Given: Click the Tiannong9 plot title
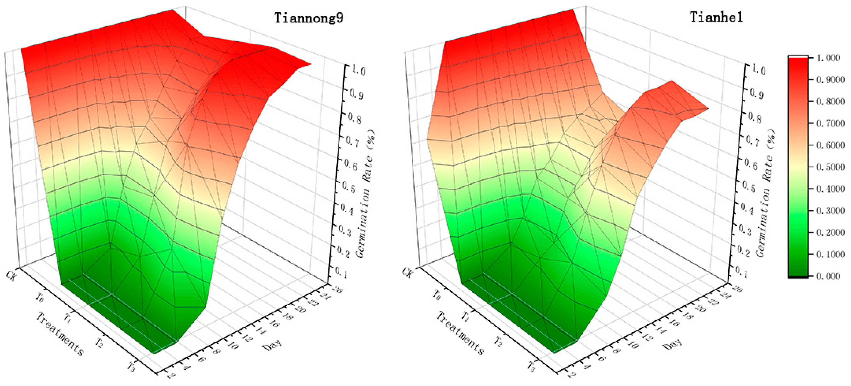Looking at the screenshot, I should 309,17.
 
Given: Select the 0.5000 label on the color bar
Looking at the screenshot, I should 830,167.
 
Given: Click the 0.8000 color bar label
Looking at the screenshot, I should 830,102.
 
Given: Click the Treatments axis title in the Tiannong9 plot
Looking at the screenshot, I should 60,334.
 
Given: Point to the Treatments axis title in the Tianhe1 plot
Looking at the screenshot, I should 460,334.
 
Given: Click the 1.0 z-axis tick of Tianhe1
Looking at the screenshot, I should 758,70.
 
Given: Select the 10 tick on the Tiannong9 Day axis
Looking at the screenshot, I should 233,346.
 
